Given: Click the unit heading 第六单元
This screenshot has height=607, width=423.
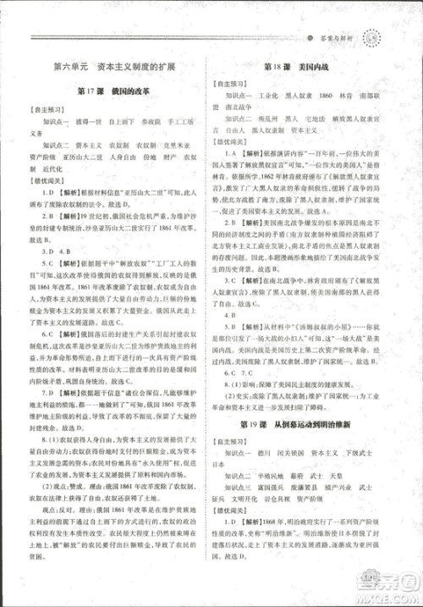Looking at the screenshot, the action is coord(69,65).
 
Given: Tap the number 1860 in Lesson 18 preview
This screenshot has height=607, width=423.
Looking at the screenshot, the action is coord(329,97).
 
